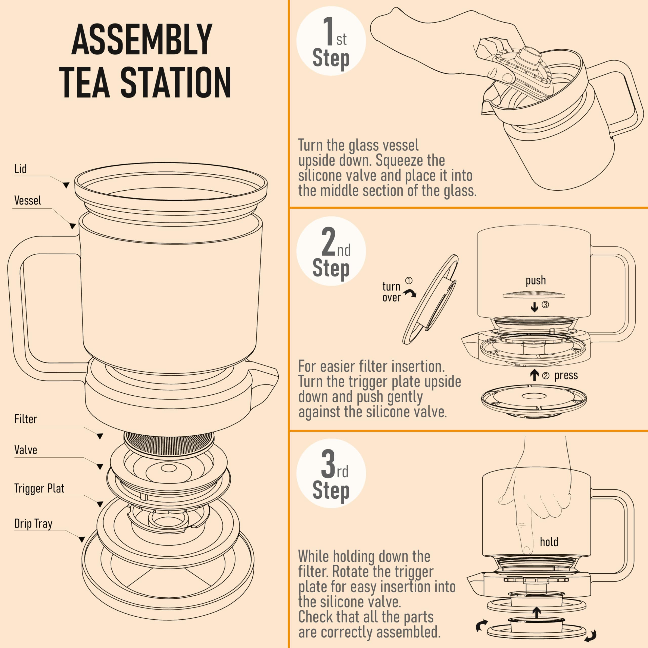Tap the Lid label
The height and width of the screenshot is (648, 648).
[x=20, y=169]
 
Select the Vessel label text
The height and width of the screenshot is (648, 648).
[x=28, y=200]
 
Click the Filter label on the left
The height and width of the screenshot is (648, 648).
[x=26, y=419]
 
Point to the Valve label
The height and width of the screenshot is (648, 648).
[x=26, y=450]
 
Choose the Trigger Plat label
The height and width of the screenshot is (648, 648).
[x=39, y=488]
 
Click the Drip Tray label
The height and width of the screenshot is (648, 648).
[x=33, y=523]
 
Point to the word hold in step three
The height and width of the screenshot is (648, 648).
[x=549, y=542]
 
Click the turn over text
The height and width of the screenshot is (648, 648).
[x=391, y=292]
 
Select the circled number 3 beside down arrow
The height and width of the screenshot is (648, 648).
[x=545, y=305]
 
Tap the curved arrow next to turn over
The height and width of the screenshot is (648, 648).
[x=410, y=293]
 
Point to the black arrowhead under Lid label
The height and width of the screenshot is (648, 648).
[x=66, y=185]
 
